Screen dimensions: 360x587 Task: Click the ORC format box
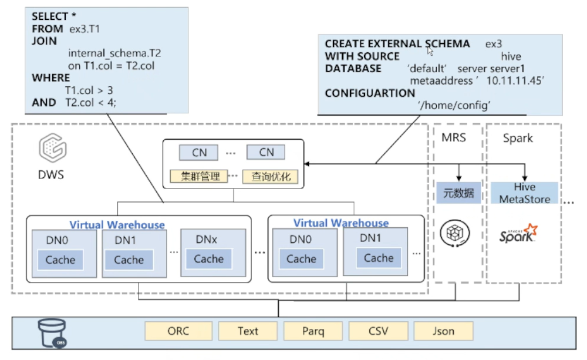pyautogui.click(x=178, y=331)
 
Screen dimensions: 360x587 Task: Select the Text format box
pyautogui.click(x=248, y=331)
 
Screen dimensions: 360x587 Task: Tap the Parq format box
pyautogui.click(x=313, y=331)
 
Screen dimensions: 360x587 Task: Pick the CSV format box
pyautogui.click(x=378, y=331)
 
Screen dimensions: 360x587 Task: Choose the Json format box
pyautogui.click(x=443, y=331)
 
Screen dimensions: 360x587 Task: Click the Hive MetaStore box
pyautogui.click(x=524, y=193)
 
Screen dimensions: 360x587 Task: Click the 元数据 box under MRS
pyautogui.click(x=458, y=193)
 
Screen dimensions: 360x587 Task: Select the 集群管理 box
pyautogui.click(x=198, y=176)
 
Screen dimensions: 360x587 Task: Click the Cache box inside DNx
pyautogui.click(x=208, y=259)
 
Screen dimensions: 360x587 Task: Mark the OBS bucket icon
pyautogui.click(x=50, y=333)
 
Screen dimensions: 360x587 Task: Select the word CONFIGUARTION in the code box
pyautogui.click(x=370, y=93)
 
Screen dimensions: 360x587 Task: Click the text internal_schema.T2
pyautogui.click(x=114, y=53)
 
